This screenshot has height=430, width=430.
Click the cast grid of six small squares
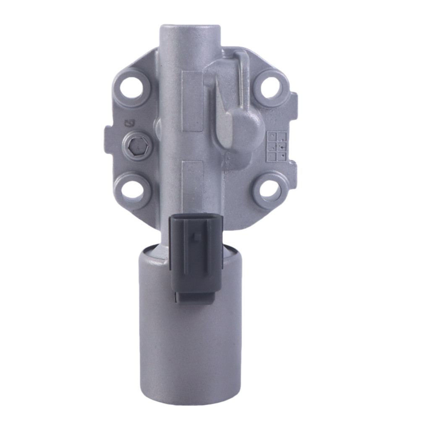coord(277,146)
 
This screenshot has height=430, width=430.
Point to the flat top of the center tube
coord(190,29)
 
